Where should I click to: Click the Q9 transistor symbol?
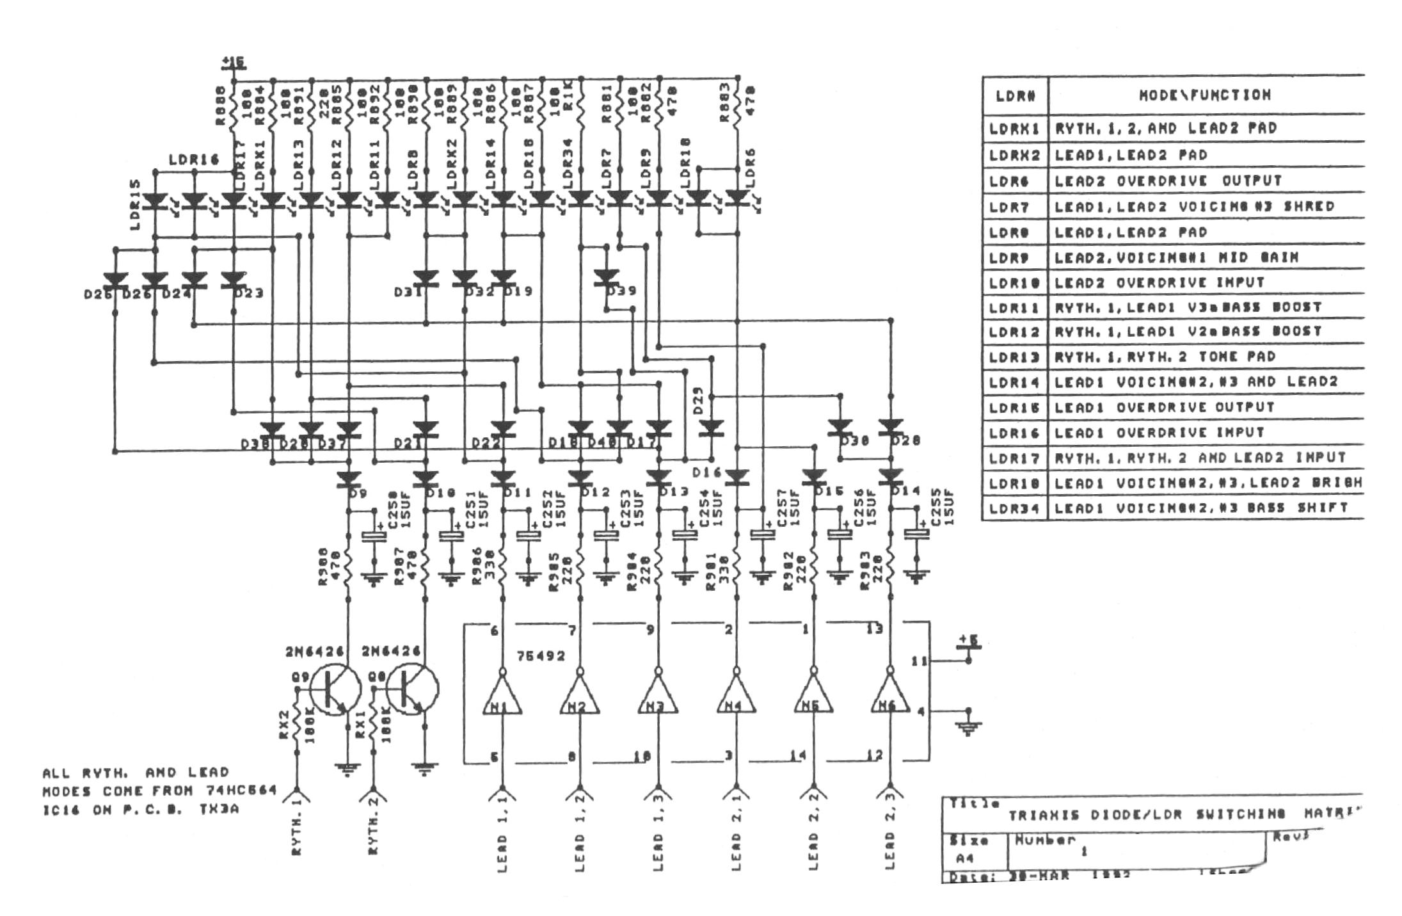click(x=335, y=689)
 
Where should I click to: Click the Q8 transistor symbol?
click(x=412, y=689)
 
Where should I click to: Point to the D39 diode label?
click(x=621, y=291)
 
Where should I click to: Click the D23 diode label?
click(x=249, y=293)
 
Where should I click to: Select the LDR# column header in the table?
click(x=1015, y=95)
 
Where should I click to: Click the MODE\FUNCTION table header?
click(x=1204, y=95)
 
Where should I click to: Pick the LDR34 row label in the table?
click(x=1015, y=508)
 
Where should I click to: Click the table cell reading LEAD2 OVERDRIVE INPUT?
click(x=1159, y=282)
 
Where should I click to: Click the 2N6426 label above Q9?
click(x=314, y=652)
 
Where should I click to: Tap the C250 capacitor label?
click(x=392, y=509)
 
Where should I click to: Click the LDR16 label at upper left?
click(x=194, y=159)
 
